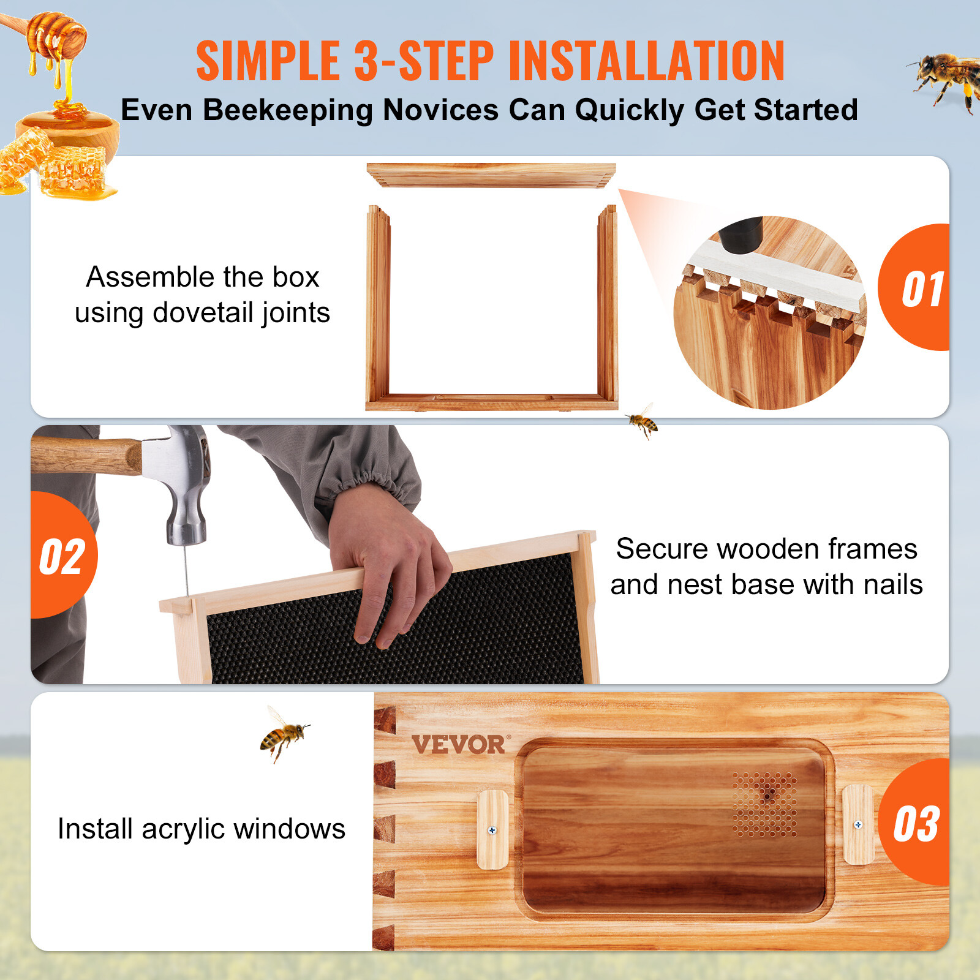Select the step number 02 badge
pyautogui.click(x=62, y=556)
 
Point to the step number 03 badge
pyautogui.click(x=915, y=824)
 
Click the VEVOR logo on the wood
pyautogui.click(x=458, y=745)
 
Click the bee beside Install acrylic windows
pyautogui.click(x=283, y=734)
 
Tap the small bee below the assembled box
pyautogui.click(x=642, y=421)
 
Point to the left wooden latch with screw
pyautogui.click(x=492, y=829)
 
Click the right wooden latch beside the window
pyautogui.click(x=858, y=824)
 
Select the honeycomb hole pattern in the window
pyautogui.click(x=765, y=803)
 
